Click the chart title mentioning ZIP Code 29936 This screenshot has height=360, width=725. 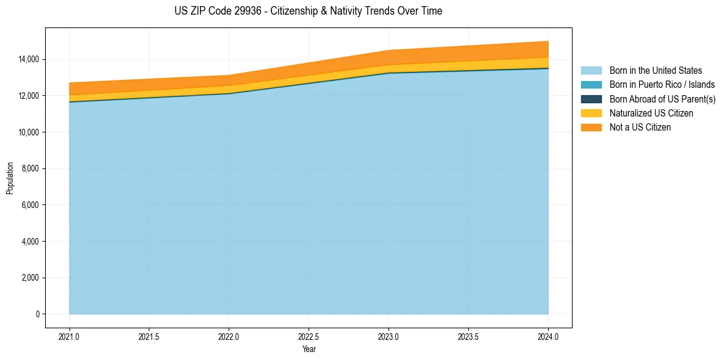(x=308, y=11)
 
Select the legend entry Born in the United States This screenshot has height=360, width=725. (x=655, y=71)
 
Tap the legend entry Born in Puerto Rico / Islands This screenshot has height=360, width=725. (x=662, y=85)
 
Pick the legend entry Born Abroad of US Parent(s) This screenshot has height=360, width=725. (x=662, y=99)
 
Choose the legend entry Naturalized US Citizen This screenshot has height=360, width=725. (x=651, y=113)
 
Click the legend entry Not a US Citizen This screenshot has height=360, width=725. (x=640, y=127)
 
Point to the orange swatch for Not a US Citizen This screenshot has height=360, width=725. (x=591, y=127)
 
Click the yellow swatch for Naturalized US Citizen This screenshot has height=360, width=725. (x=591, y=113)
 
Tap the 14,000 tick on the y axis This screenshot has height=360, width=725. (x=28, y=59)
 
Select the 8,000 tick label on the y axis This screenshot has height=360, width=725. (x=30, y=168)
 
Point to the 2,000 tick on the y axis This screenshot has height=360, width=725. (x=30, y=278)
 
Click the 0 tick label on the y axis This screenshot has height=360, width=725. (x=37, y=314)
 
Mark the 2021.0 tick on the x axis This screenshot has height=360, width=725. (x=70, y=336)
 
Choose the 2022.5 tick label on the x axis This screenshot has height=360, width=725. (x=309, y=336)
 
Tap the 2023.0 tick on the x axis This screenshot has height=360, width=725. (x=388, y=336)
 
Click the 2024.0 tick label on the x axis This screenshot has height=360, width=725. (x=548, y=336)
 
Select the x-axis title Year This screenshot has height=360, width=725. (x=309, y=349)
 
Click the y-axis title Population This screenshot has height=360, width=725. (x=10, y=178)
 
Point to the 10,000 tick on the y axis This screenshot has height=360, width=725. (x=28, y=132)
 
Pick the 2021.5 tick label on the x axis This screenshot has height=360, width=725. (x=149, y=336)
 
